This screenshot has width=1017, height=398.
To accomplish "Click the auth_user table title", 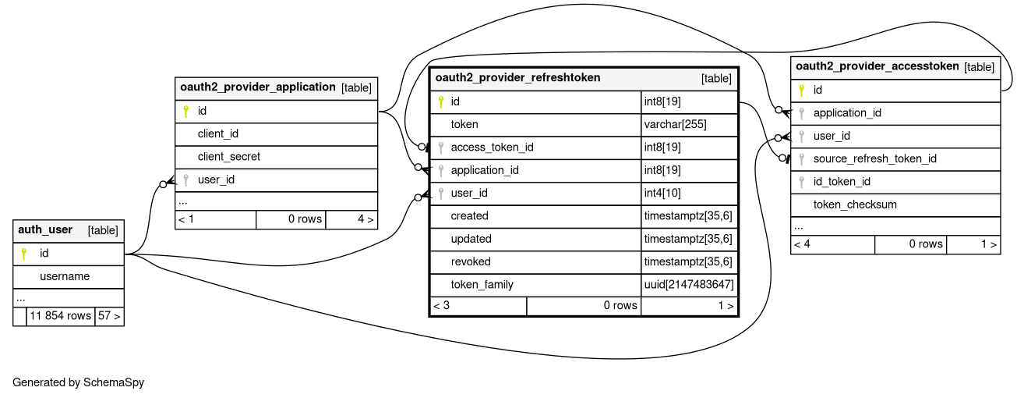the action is (45, 229).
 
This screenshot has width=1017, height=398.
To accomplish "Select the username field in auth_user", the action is (65, 276).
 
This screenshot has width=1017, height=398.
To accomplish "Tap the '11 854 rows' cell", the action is (60, 316).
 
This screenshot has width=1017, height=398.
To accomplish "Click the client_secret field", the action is (229, 157).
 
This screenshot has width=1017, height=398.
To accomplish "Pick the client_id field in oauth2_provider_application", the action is (218, 133).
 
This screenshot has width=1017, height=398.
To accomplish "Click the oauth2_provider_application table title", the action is (257, 87).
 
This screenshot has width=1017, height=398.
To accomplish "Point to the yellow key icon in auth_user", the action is (24, 254).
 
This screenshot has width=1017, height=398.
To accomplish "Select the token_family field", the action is (482, 285).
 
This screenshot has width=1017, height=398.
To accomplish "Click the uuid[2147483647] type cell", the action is (689, 285).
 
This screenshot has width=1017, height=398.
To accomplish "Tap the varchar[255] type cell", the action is (675, 124).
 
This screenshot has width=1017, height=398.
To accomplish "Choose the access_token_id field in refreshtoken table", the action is (493, 147).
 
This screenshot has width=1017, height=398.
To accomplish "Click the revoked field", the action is (471, 261).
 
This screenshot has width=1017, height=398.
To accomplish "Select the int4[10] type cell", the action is (662, 194).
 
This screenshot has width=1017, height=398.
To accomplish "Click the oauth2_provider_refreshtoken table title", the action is (517, 78).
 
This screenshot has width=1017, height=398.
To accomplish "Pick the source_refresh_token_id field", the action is (874, 158).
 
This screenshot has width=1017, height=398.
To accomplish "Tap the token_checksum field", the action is (855, 204).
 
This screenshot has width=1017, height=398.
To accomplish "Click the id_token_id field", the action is (842, 182).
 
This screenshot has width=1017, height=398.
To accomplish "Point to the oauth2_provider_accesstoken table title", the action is (878, 66).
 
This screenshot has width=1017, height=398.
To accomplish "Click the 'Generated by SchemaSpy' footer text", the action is (78, 382).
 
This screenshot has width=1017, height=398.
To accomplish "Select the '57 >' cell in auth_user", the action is (109, 316).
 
